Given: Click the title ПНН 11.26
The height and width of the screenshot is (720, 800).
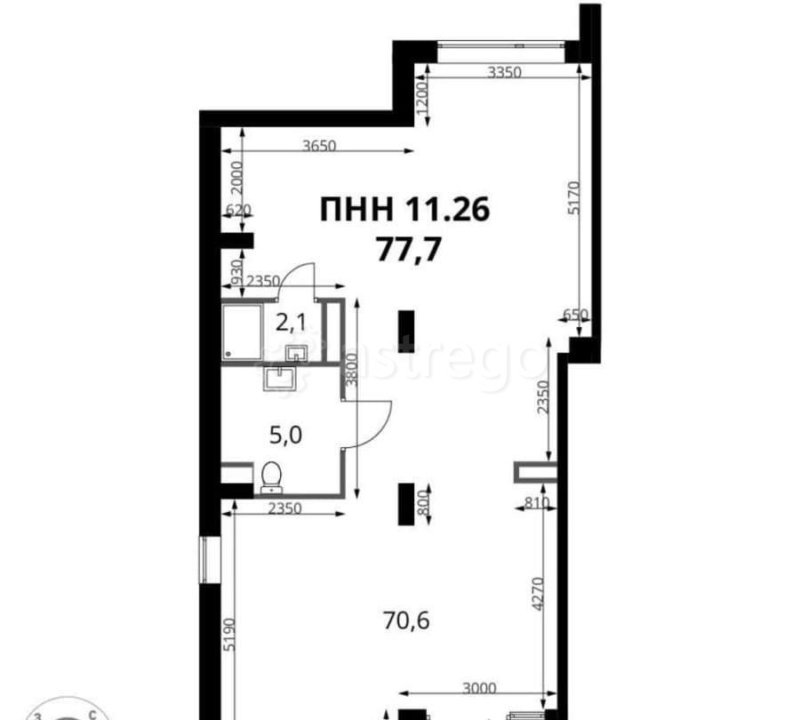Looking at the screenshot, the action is [x=404, y=209].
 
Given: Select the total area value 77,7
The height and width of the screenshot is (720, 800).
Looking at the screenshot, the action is [x=408, y=250].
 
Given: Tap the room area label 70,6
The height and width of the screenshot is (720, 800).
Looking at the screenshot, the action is [x=406, y=620].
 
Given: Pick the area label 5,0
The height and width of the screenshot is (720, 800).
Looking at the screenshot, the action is [x=285, y=436].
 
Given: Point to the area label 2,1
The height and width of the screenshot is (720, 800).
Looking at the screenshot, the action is [x=291, y=323].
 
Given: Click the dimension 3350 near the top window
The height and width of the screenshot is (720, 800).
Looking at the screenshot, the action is [x=505, y=73].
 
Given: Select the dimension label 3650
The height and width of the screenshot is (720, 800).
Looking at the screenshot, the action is [x=319, y=146].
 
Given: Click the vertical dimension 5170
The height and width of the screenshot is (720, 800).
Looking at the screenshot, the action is [x=574, y=197].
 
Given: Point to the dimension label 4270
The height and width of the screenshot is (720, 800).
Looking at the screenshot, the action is [x=537, y=594].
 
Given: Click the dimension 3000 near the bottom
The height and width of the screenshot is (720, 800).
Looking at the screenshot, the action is [x=479, y=688].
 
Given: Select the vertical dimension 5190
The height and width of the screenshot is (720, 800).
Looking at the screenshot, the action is [x=229, y=635].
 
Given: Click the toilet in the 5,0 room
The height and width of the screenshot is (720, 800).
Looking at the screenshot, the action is [x=271, y=477].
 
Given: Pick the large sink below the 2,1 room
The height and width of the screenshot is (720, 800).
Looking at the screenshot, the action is [x=280, y=378].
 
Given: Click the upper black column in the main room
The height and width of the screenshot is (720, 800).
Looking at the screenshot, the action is [x=406, y=328].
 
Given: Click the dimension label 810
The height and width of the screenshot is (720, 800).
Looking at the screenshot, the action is [x=536, y=503].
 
